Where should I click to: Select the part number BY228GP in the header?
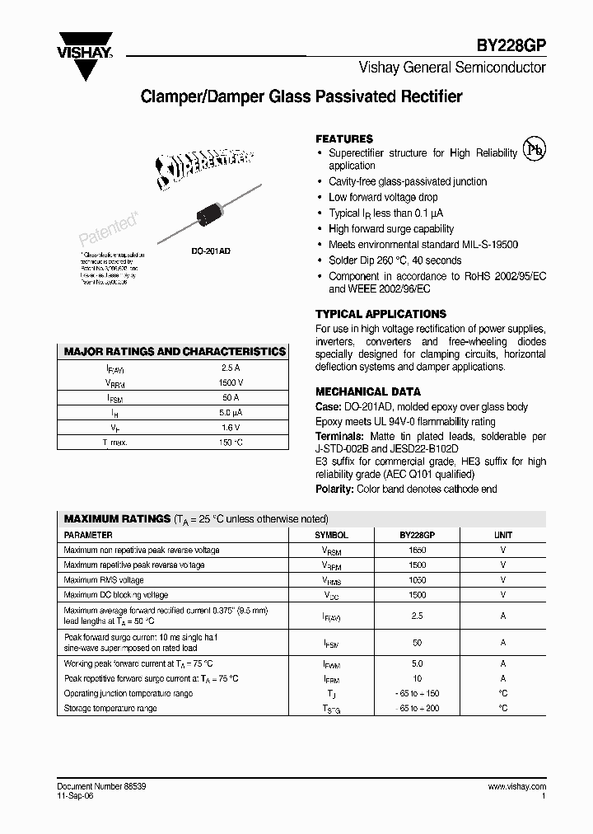pos(513,49)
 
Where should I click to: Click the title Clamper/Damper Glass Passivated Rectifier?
pos(301,96)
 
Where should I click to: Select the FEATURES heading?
pos(344,138)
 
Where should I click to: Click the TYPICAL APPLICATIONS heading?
pos(381,314)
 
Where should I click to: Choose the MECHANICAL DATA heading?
pos(368,391)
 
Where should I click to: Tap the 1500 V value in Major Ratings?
pos(231,383)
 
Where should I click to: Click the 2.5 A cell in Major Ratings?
pos(231,368)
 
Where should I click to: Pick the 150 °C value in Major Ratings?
pos(231,443)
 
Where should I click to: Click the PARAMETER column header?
pos(88,535)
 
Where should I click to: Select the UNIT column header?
pos(502,535)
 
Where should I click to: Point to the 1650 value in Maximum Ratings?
pos(417,550)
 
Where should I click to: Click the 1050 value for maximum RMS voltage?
pos(417,579)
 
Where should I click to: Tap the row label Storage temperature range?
pos(110,708)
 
